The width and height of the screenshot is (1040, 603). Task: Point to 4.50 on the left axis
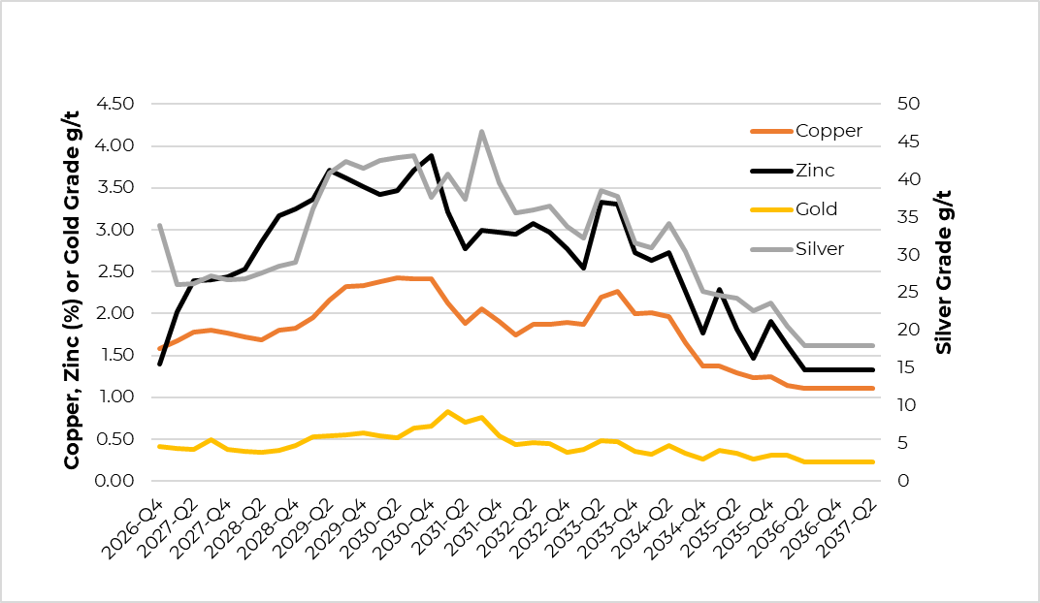pos(117,104)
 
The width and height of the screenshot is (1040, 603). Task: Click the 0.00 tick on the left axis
pos(117,481)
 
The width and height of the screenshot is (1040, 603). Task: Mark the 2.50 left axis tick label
pos(117,271)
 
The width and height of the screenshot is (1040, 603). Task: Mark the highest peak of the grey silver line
pos(482,131)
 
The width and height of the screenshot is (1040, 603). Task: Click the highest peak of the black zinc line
pos(431,155)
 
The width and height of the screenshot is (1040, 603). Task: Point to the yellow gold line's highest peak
pos(447,412)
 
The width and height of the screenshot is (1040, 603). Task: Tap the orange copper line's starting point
pos(159,348)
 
